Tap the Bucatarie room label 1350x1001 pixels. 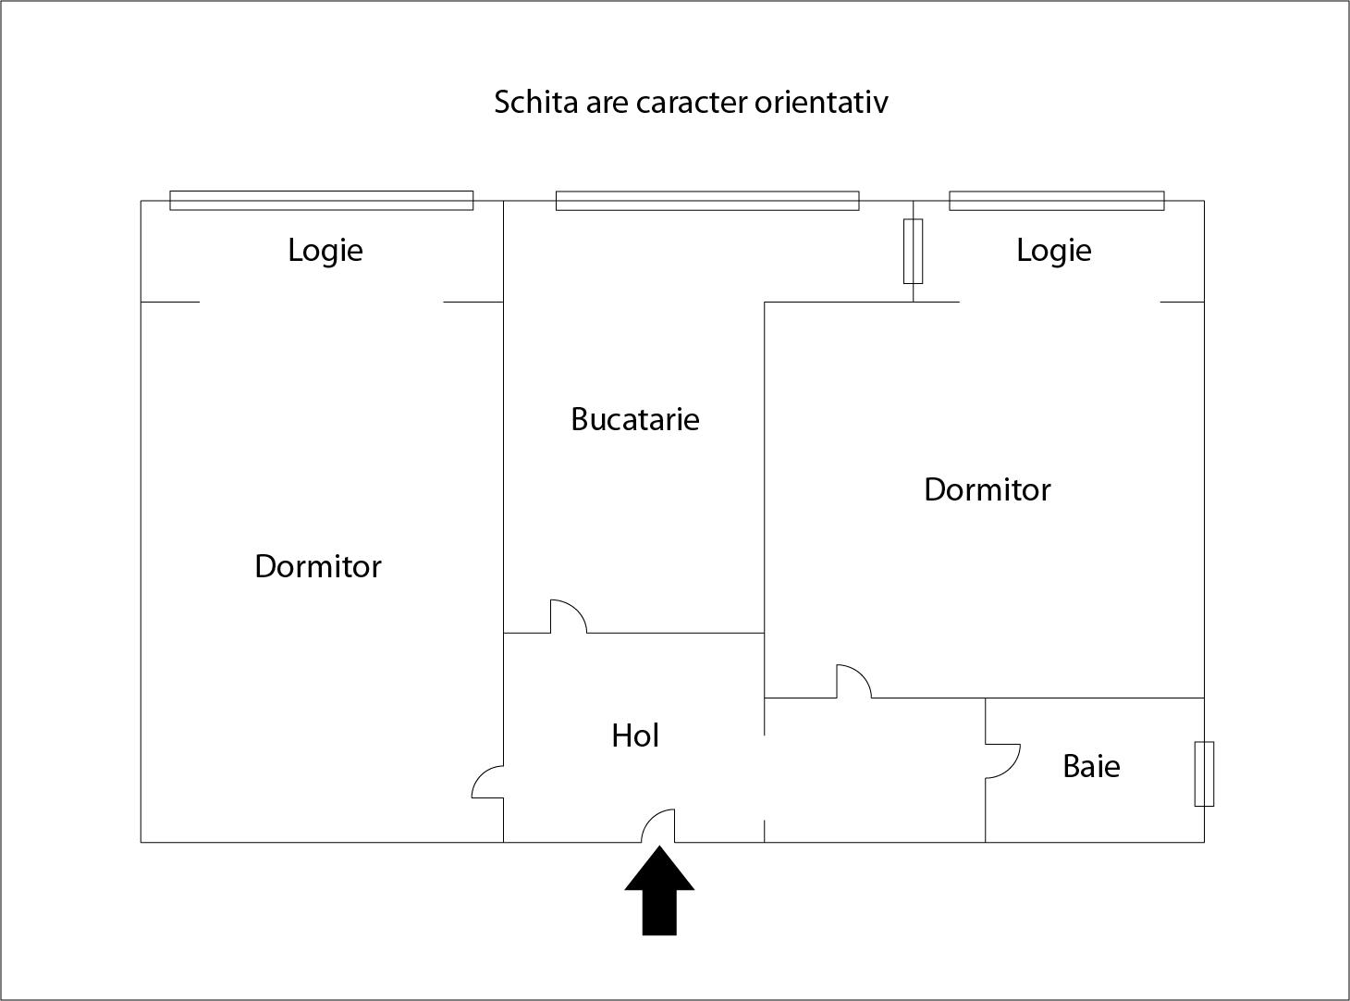[635, 419]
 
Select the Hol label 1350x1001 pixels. [635, 735]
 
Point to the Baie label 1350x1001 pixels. [1091, 766]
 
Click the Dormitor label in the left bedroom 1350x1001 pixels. [317, 565]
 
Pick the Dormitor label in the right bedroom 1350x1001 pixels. [987, 489]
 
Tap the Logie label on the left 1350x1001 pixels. [325, 250]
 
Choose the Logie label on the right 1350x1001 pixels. [1053, 250]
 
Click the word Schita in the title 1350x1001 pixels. [535, 102]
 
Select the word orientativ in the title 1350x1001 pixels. [821, 102]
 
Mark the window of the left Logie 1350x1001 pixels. [321, 200]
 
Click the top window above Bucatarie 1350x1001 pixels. [707, 200]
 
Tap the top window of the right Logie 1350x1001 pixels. [1056, 200]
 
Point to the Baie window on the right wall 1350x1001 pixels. [1204, 773]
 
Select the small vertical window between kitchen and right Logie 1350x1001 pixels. [913, 251]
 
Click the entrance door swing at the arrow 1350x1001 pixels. [659, 825]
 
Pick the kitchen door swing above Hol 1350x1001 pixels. [569, 617]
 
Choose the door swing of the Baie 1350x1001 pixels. [1002, 760]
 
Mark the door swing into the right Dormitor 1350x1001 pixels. [853, 681]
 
